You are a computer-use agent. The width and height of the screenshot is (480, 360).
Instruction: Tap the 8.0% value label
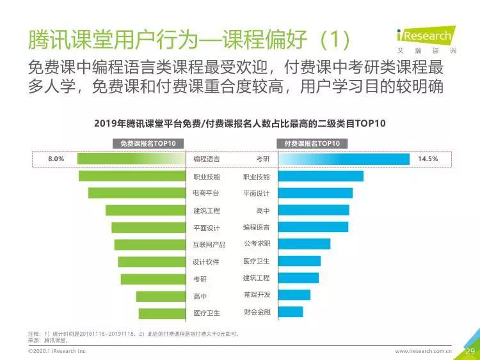click(56, 159)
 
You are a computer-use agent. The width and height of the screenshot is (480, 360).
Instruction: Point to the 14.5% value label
click(428, 159)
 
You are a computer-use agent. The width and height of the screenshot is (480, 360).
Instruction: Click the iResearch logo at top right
click(426, 37)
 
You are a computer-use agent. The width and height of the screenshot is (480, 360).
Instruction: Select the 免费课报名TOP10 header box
click(148, 143)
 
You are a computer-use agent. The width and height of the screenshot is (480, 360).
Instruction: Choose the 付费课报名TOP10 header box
click(312, 143)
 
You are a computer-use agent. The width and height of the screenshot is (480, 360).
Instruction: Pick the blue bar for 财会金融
click(291, 312)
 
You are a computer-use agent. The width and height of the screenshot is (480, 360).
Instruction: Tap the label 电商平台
click(206, 193)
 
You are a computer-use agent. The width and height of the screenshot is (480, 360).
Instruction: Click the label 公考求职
click(257, 244)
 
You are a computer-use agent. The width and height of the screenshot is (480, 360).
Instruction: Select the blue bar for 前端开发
click(294, 295)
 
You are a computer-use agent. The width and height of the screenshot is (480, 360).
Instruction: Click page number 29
click(469, 351)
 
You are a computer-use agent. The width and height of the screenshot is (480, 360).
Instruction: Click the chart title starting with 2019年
click(239, 123)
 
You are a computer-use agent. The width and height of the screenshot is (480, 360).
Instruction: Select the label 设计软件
click(206, 262)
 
